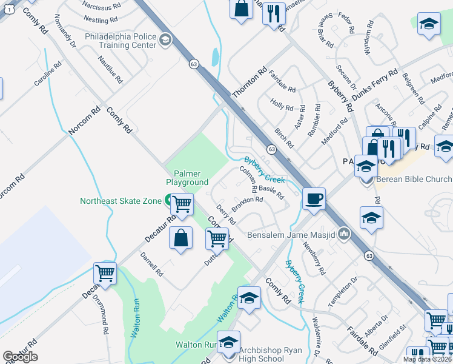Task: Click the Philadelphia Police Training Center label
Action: click(x=121, y=40)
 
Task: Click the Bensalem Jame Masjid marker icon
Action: click(x=345, y=233)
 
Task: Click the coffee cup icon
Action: click(x=314, y=199)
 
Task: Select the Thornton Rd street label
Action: click(x=250, y=84)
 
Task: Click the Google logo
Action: click(x=20, y=356)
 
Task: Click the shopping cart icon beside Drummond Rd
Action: click(x=105, y=273)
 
